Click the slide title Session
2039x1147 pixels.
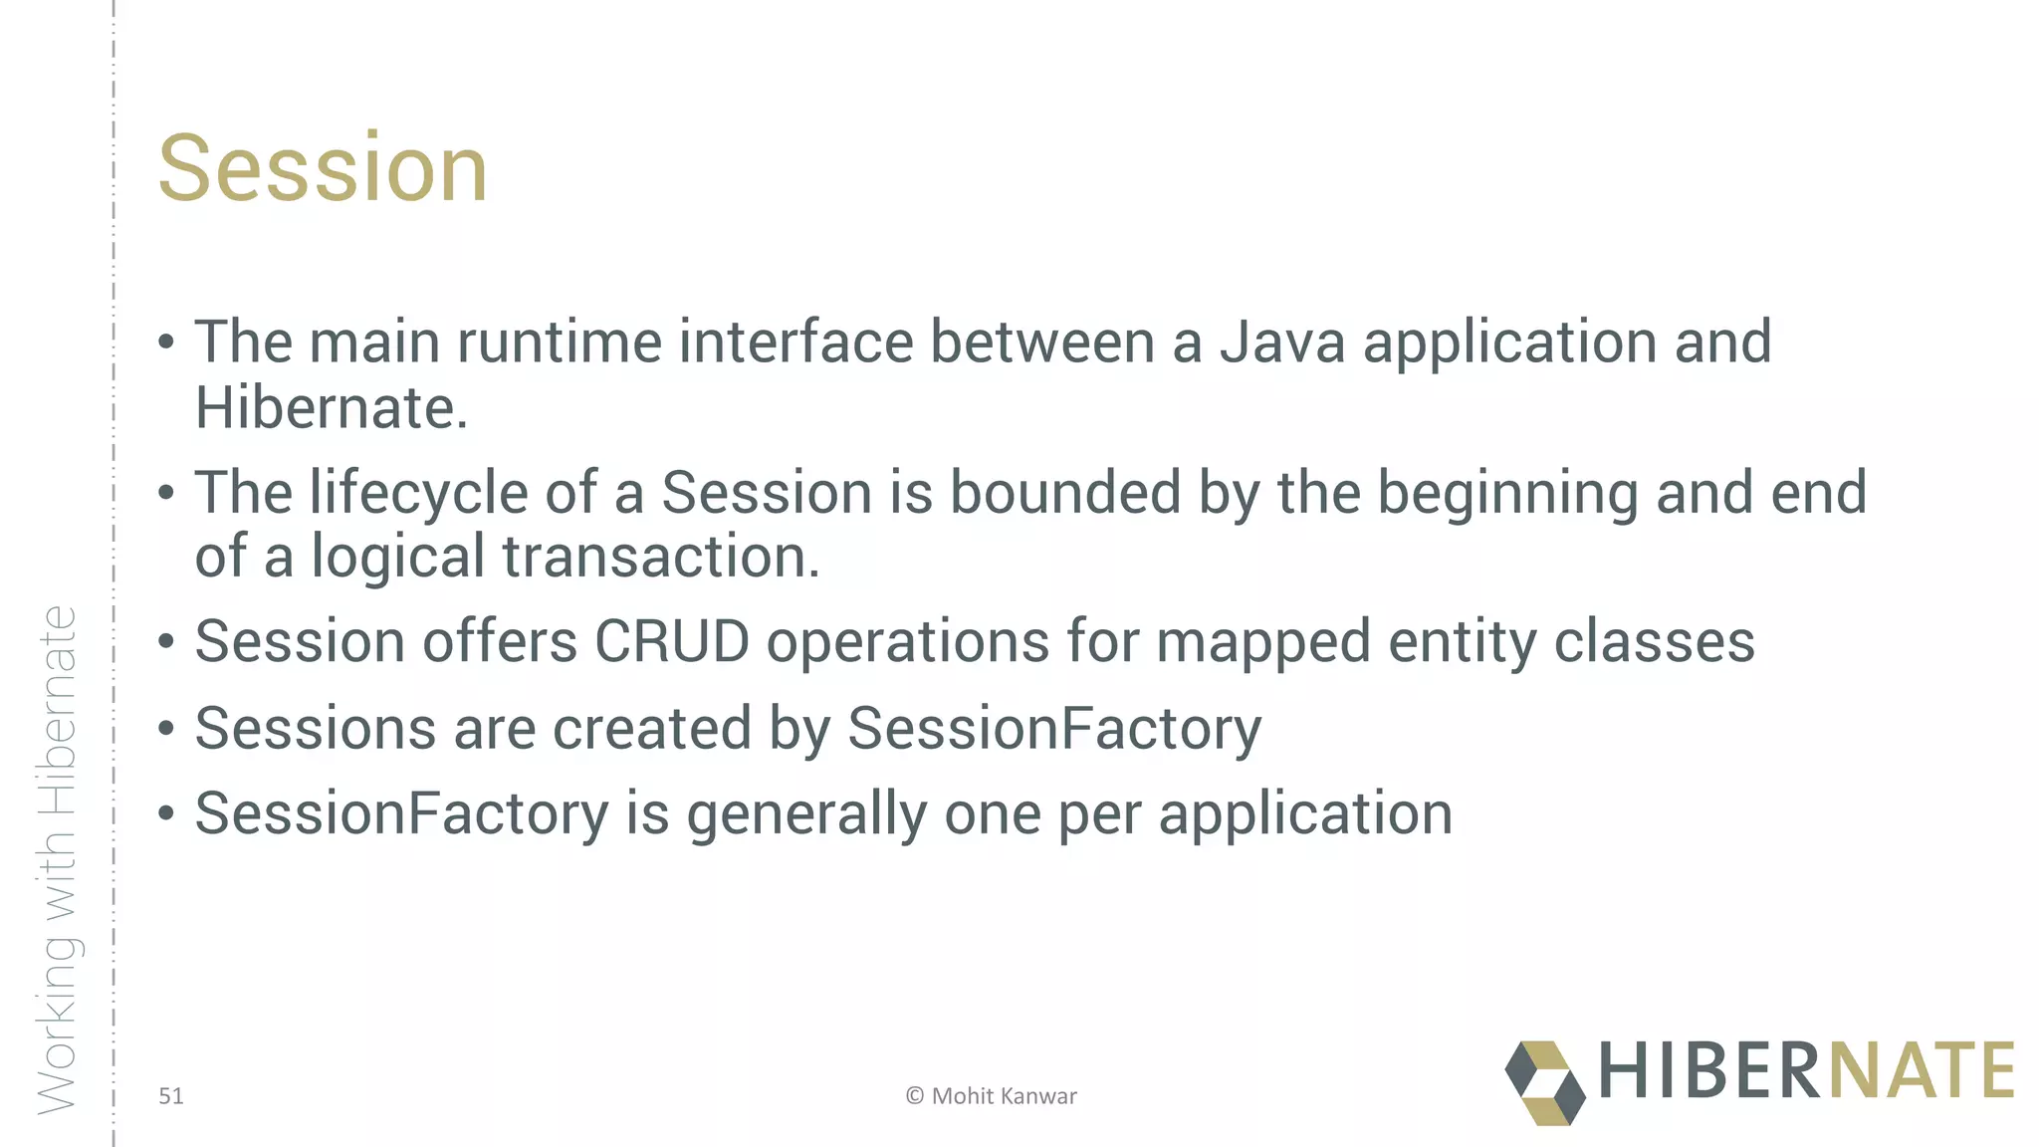[323, 168]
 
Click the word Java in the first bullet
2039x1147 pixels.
[1282, 343]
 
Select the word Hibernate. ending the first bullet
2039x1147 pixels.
[331, 408]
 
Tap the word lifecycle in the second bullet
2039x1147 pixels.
[418, 494]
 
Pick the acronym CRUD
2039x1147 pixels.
[671, 641]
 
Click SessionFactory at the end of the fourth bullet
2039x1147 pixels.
[1053, 729]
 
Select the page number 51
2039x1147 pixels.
[171, 1096]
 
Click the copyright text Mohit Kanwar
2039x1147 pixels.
[1003, 1096]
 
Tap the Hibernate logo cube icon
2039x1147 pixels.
[1544, 1082]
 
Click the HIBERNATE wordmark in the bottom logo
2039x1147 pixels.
[1806, 1071]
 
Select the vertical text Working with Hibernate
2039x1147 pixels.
[58, 860]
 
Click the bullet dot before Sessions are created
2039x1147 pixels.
[166, 729]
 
